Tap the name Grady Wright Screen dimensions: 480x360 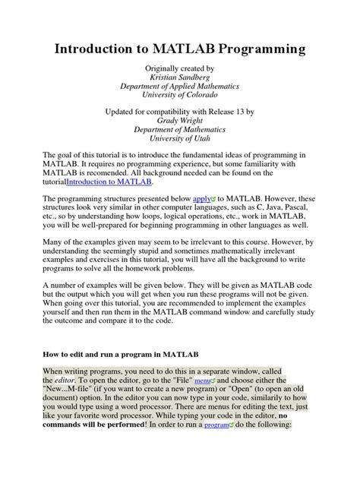click(x=180, y=119)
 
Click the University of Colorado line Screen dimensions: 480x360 click(x=180, y=99)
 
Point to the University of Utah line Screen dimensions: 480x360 click(x=180, y=139)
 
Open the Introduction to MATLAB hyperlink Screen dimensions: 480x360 click(x=109, y=182)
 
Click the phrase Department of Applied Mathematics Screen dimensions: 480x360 click(x=180, y=90)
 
